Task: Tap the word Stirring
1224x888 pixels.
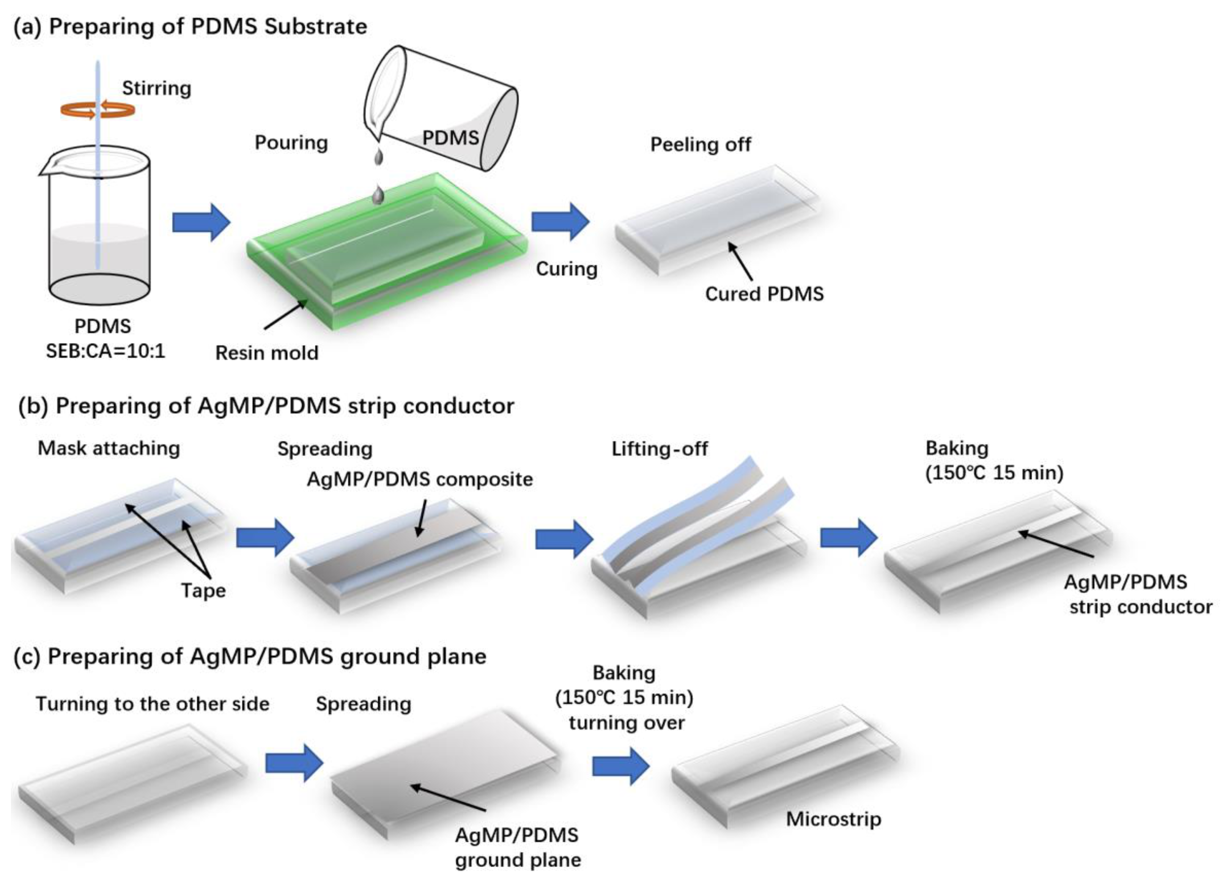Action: [x=156, y=88]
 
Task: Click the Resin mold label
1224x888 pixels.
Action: [x=267, y=353]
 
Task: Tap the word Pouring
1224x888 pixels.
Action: [x=291, y=143]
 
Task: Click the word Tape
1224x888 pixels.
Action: [x=203, y=591]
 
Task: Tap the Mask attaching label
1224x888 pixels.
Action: [x=109, y=448]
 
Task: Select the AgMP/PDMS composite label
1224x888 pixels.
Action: [x=419, y=479]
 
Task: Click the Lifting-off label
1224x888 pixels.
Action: [x=659, y=449]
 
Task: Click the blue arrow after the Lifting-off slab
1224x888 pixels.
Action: [x=848, y=537]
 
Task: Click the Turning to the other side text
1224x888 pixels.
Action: [x=152, y=704]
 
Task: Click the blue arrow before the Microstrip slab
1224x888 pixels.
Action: [x=621, y=766]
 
